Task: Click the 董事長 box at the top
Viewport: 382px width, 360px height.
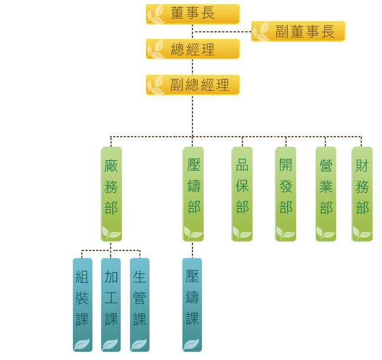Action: pyautogui.click(x=192, y=14)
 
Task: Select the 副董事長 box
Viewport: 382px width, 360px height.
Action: pyautogui.click(x=298, y=31)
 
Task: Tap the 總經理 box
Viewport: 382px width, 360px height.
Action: pyautogui.click(x=192, y=49)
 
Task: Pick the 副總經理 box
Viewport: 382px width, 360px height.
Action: pyautogui.click(x=192, y=85)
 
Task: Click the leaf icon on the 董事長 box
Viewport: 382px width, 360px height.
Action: pyautogui.click(x=155, y=15)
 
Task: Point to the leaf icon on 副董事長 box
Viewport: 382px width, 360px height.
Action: pyautogui.click(x=261, y=32)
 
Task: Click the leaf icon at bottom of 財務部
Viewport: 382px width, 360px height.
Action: pyautogui.click(x=361, y=233)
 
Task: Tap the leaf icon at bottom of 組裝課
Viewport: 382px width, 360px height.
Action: pyautogui.click(x=82, y=344)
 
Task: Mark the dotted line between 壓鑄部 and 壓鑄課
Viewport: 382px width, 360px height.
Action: pyautogui.click(x=192, y=250)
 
